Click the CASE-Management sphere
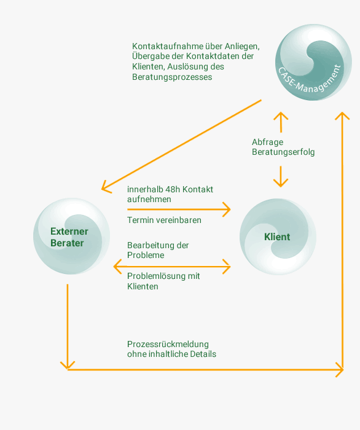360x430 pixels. [313, 62]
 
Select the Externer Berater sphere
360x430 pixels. [71, 236]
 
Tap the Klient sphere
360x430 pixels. [278, 237]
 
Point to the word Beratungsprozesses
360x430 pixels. [172, 77]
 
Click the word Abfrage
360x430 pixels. [268, 142]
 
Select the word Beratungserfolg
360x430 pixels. [283, 152]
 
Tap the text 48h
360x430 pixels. [173, 189]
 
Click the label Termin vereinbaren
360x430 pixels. [164, 220]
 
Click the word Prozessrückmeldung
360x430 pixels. [168, 344]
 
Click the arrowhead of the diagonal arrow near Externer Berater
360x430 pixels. [104, 187]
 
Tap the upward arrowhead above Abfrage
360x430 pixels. [281, 115]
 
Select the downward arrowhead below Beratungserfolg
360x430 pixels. [281, 183]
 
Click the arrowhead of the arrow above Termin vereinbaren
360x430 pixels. [227, 209]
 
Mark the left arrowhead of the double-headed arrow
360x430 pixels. [117, 266]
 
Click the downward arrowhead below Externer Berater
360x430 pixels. [68, 365]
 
